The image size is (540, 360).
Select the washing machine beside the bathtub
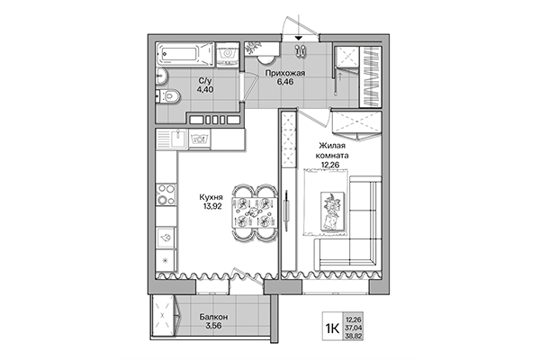tap(229, 55)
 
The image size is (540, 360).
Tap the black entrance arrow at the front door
tap(299, 39)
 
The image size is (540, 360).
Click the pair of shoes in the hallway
tap(300, 51)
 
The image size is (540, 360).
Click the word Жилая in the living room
tap(334, 143)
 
